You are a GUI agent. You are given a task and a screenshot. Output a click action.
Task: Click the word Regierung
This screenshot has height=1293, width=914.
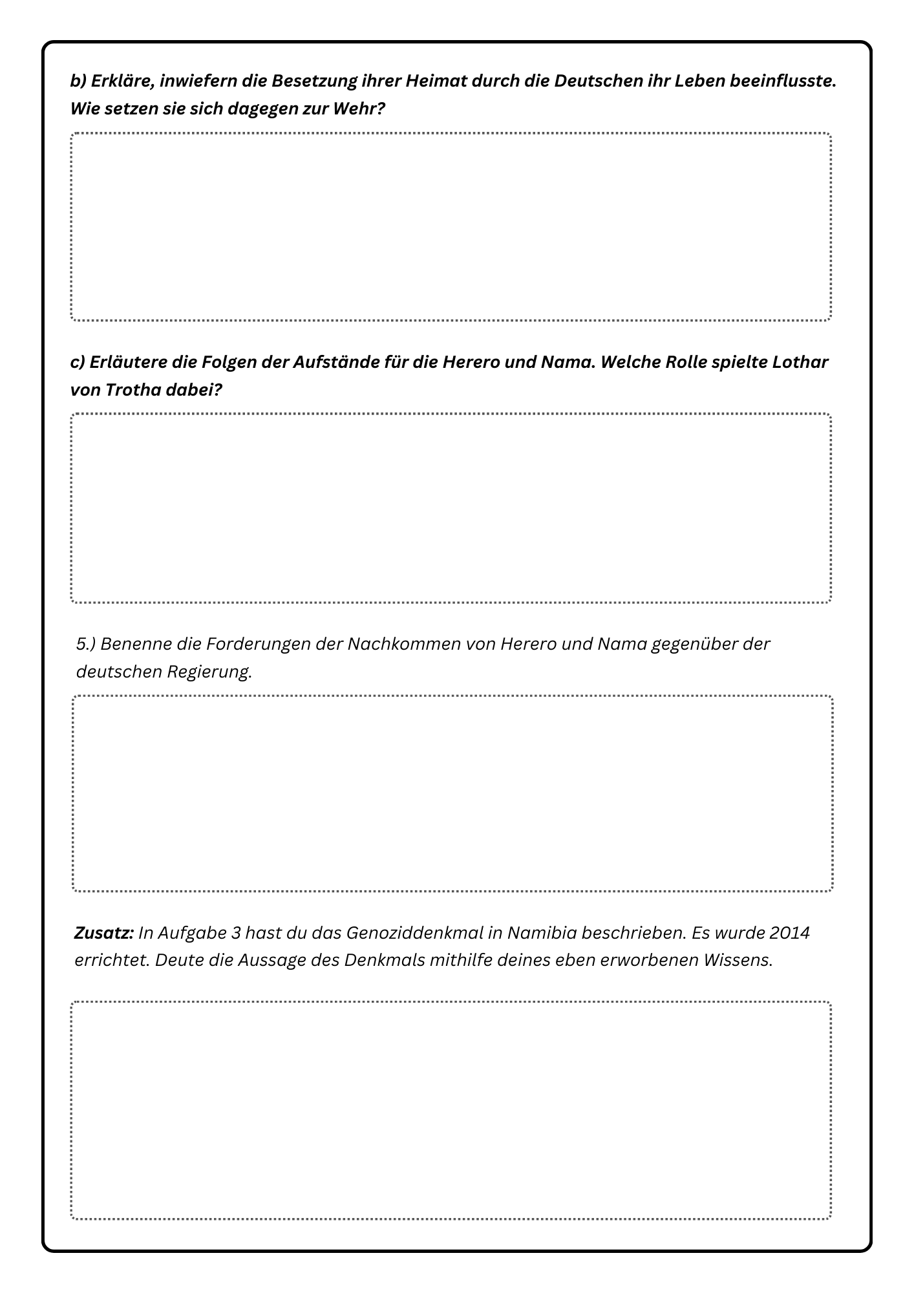tap(209, 672)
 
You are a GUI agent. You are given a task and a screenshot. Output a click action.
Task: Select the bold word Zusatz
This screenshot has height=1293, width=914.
tap(103, 933)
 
